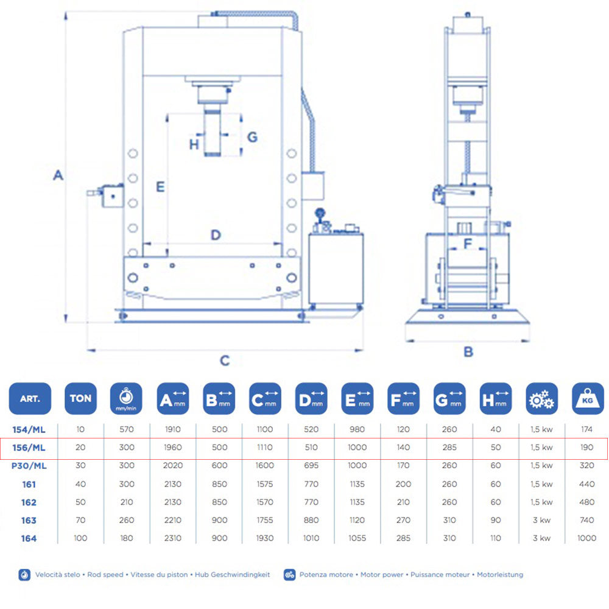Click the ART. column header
coord(30,399)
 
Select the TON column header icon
coord(80,399)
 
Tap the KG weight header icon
coord(588,399)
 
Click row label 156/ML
coord(29,448)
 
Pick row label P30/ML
coord(29,466)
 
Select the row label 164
coord(29,538)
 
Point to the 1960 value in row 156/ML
coord(173,448)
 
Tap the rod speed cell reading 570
coord(127,430)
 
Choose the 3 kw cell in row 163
coord(541,520)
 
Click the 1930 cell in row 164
coord(266,538)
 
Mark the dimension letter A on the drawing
coord(58,175)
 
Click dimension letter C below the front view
coord(225,361)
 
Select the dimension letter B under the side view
coord(468,351)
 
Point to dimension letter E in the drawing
coord(160,186)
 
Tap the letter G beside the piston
coord(252,136)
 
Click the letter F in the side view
coord(468,244)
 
